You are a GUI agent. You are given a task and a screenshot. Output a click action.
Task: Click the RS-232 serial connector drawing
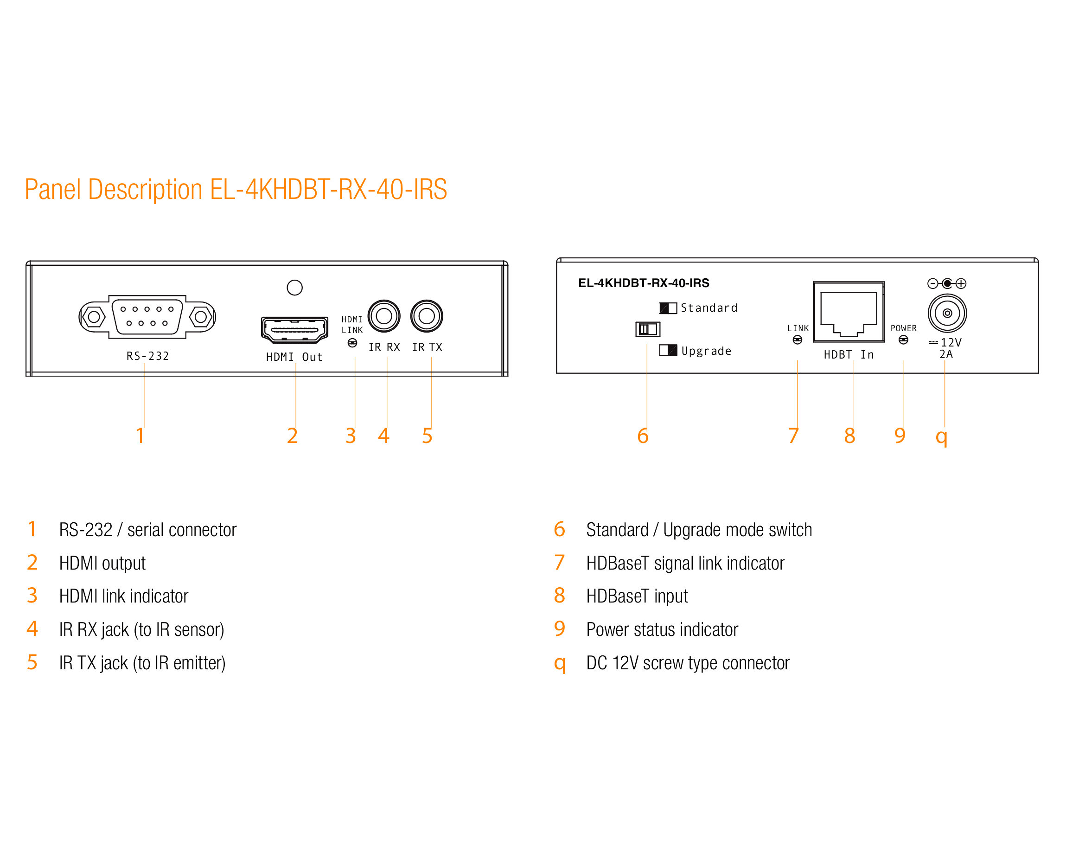tap(147, 316)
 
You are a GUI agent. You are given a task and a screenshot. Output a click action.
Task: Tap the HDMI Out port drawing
tap(295, 330)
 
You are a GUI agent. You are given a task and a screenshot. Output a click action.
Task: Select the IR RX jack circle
tap(384, 316)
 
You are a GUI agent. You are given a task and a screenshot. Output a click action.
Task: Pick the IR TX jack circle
tap(427, 316)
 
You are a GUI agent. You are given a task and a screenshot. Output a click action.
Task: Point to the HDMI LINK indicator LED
tap(352, 343)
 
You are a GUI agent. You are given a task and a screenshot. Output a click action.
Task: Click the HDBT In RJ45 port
tap(849, 312)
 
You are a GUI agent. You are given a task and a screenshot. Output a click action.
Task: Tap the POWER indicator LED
tap(903, 340)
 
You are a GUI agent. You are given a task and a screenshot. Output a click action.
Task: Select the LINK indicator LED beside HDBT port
tap(798, 340)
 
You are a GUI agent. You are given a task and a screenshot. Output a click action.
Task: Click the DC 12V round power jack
tap(947, 313)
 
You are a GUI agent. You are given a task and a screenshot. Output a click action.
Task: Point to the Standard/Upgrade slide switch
tap(648, 329)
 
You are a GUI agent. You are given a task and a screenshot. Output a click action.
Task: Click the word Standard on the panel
tap(709, 308)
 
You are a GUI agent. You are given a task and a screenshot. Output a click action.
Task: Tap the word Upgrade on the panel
tap(706, 351)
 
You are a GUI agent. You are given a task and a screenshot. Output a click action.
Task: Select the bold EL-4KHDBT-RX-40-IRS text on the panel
tap(644, 283)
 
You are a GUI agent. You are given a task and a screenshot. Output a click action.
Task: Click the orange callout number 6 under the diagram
tap(643, 436)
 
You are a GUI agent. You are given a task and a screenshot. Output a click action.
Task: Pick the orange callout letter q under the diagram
tap(942, 437)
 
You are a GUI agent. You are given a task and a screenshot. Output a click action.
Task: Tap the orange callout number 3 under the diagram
tap(351, 436)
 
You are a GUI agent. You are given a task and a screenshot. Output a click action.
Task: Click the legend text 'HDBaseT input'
tap(637, 596)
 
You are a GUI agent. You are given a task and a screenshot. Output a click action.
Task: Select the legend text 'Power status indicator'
tap(662, 629)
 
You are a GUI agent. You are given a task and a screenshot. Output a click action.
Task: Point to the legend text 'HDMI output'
tap(102, 563)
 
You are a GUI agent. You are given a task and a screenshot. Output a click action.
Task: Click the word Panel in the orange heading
tap(52, 189)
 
